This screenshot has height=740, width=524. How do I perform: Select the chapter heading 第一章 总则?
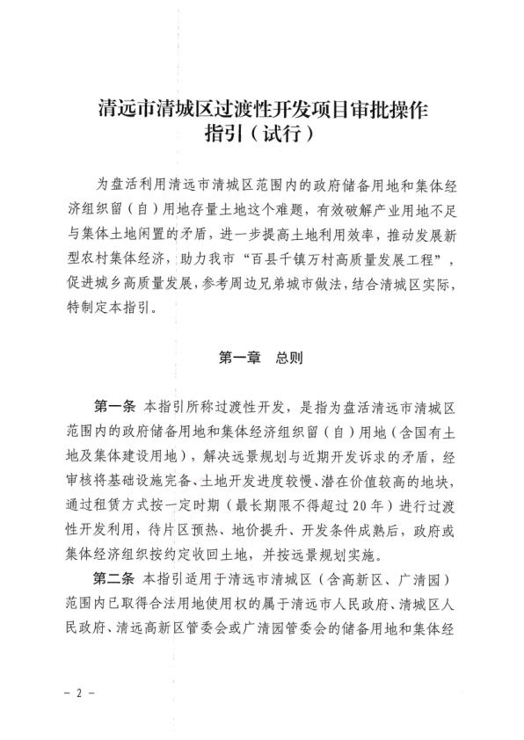[x=261, y=359]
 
